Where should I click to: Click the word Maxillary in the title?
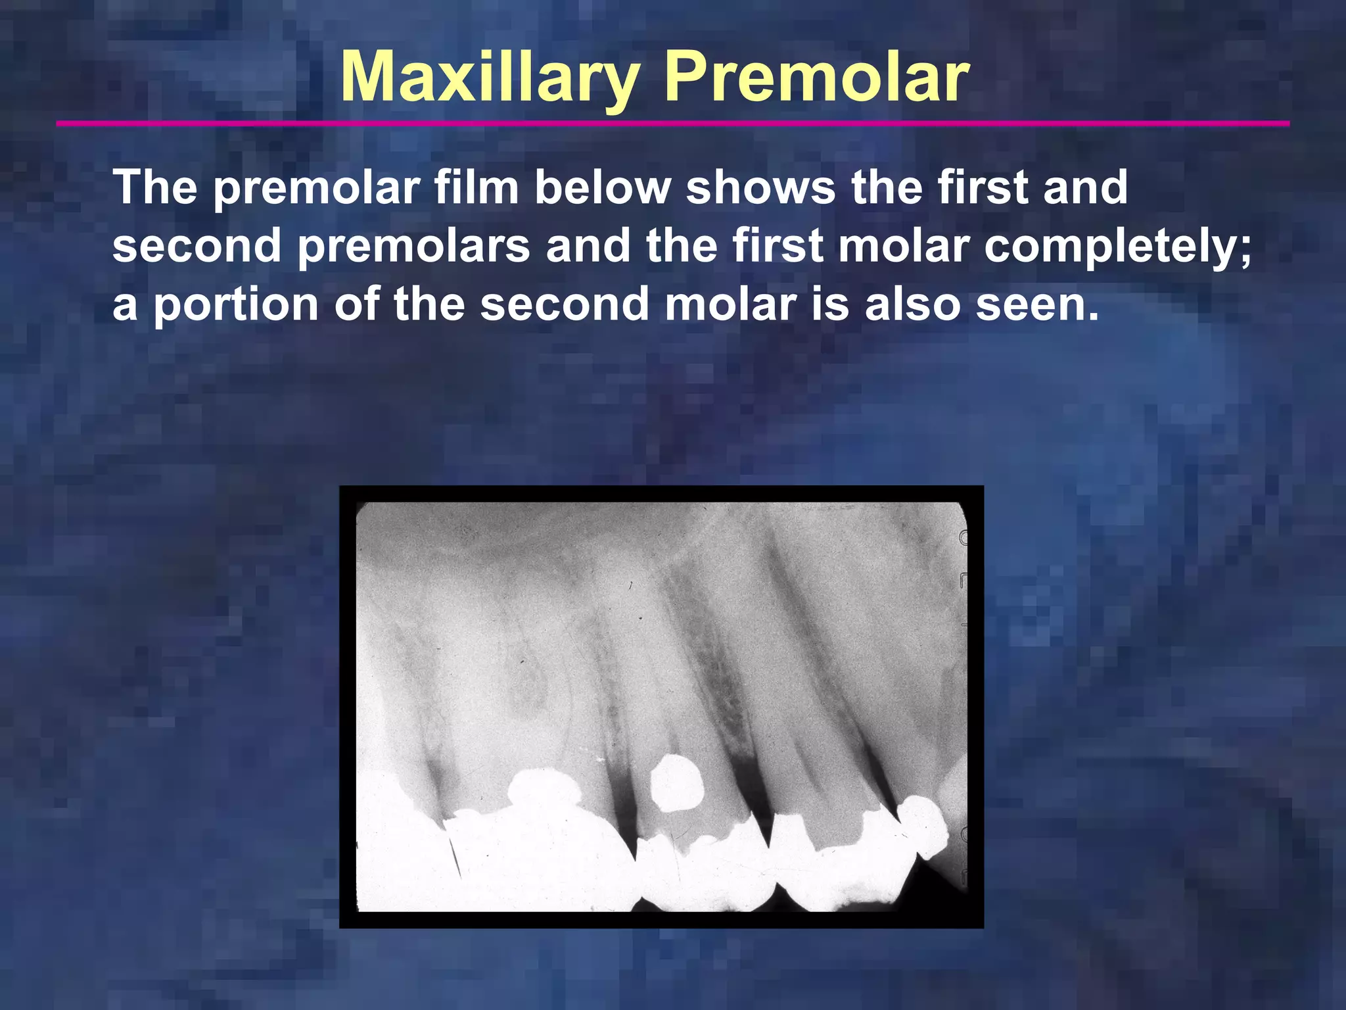(490, 79)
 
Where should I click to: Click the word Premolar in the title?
(816, 79)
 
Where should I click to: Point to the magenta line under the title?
(673, 123)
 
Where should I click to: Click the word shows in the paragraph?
(760, 187)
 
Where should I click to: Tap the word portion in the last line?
(236, 304)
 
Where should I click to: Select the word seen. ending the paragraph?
(1037, 304)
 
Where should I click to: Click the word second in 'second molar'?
(565, 304)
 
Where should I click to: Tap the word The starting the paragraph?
(155, 187)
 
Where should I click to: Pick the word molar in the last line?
(730, 304)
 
